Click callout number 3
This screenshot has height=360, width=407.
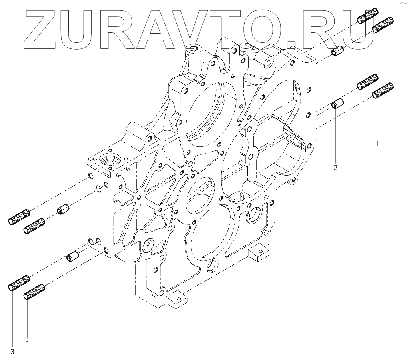pos(12,352)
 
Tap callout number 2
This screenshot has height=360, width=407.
pos(335,168)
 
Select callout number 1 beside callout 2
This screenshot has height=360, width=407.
pos(376,142)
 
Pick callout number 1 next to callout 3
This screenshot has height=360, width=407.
pos(28,342)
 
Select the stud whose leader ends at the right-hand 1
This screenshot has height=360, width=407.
pos(383,90)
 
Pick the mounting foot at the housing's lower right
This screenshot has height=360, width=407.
pos(259,252)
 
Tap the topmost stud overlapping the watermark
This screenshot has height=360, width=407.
pos(367,16)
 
